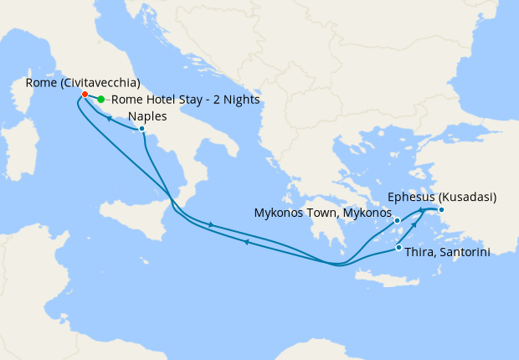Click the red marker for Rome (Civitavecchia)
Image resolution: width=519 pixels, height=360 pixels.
click(x=85, y=94)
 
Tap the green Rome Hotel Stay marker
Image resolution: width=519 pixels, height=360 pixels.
click(x=101, y=100)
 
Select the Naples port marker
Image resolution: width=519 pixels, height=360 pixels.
click(x=142, y=129)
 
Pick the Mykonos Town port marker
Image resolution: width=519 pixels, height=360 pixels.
click(x=398, y=222)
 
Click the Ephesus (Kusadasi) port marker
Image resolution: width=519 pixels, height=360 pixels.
click(x=441, y=209)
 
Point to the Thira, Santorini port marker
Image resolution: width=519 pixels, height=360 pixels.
click(x=398, y=248)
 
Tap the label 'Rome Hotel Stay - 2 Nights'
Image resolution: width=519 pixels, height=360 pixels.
click(x=184, y=100)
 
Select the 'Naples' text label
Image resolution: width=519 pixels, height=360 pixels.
click(x=148, y=117)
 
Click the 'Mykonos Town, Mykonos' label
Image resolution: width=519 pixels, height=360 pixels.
click(x=322, y=213)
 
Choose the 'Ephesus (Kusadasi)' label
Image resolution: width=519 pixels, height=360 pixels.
click(x=443, y=198)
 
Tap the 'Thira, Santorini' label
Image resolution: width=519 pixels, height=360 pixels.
click(x=448, y=250)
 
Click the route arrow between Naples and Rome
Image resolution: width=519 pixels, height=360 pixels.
click(x=110, y=118)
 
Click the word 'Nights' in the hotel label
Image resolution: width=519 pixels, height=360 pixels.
click(x=240, y=100)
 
